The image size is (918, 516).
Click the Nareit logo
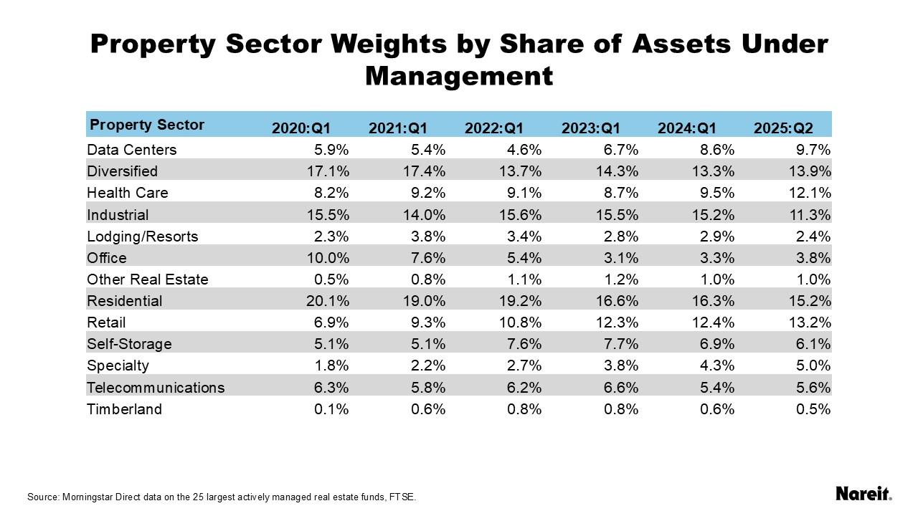[863, 494]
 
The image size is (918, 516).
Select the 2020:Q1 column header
[301, 128]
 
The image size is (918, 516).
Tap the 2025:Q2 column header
[783, 128]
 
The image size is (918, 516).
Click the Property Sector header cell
[147, 125]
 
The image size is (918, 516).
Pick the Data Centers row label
[131, 150]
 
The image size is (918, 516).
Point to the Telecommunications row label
[156, 388]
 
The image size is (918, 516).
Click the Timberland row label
[124, 409]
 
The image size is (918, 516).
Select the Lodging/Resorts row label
[142, 236]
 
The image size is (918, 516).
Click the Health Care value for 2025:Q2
[810, 193]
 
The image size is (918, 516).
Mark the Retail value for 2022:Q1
[521, 322]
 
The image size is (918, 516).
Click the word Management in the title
[459, 75]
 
